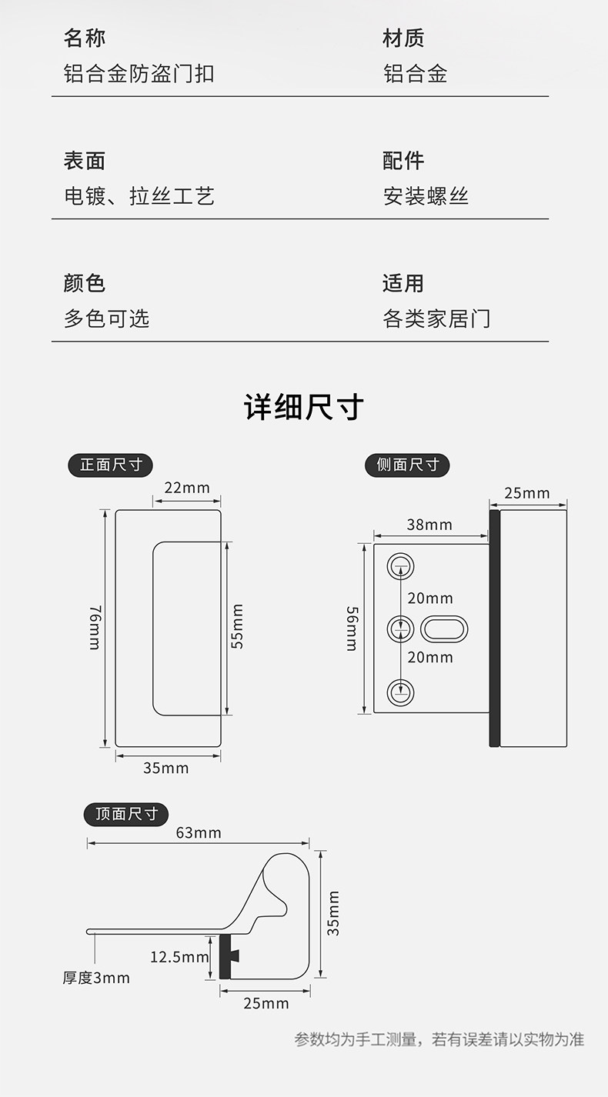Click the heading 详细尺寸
(x=304, y=408)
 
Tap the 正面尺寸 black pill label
(x=111, y=465)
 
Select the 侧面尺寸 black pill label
(x=407, y=465)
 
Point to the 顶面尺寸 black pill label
(x=126, y=814)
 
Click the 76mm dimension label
(x=95, y=628)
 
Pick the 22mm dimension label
(x=186, y=488)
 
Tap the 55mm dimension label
(x=238, y=626)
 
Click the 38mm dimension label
(x=429, y=525)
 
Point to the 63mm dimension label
(x=198, y=832)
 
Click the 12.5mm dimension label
(x=179, y=957)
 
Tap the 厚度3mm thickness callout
(x=96, y=978)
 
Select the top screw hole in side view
(x=399, y=567)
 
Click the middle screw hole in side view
(x=399, y=629)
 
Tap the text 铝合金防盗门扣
(x=139, y=74)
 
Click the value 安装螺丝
(x=426, y=196)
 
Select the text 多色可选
(x=106, y=318)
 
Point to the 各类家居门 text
(x=436, y=318)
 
